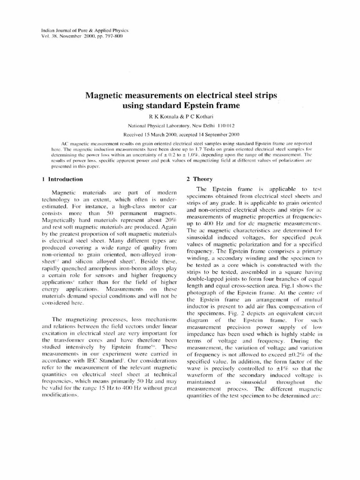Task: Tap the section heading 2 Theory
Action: tap(200, 179)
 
